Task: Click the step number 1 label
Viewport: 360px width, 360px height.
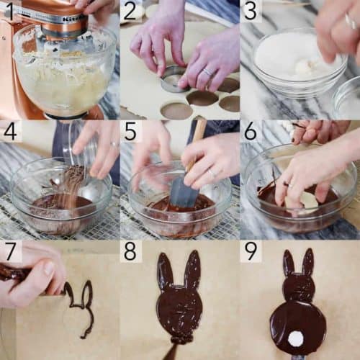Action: pos(10,10)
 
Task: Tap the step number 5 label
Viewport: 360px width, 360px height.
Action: pos(130,130)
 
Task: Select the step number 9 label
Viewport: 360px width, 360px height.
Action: pos(250,251)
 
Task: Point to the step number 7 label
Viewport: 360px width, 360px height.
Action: pos(10,251)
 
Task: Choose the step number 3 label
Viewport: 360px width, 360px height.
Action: pos(250,10)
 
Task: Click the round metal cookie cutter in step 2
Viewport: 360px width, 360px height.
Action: pos(173,78)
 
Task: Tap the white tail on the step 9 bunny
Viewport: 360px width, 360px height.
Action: pos(296,338)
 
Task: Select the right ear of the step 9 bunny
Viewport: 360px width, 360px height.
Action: pos(307,262)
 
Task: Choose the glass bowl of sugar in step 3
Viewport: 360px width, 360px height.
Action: pos(288,61)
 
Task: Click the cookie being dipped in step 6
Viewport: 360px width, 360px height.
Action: pos(305,202)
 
